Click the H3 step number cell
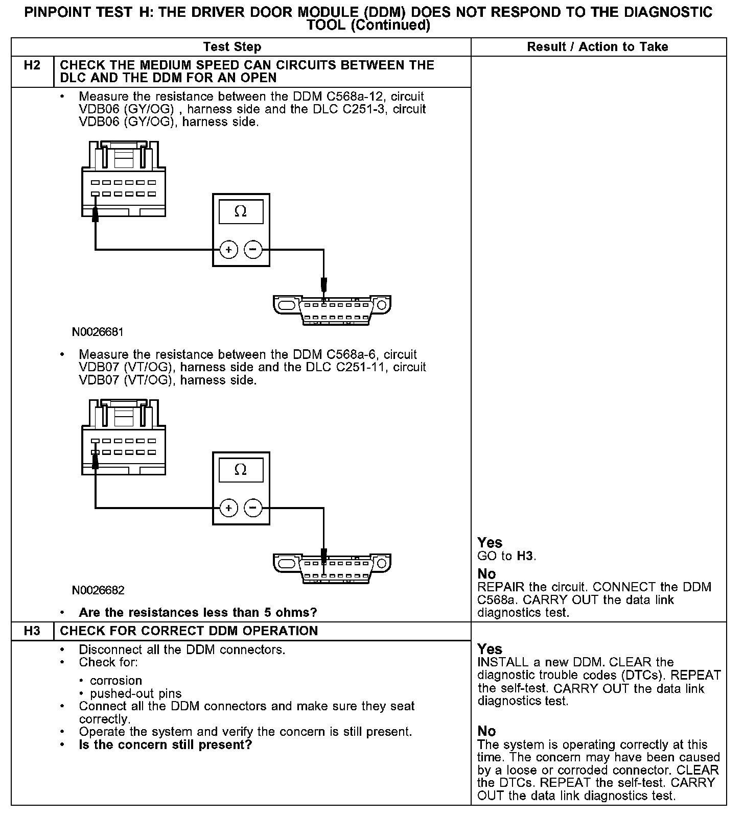[32, 631]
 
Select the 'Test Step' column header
[232, 47]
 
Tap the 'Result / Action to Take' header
[597, 47]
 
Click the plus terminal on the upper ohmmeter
[228, 250]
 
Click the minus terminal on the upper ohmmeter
[253, 250]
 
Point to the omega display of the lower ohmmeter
[241, 470]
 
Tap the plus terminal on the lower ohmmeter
[228, 508]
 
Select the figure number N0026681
[98, 332]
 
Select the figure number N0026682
[98, 591]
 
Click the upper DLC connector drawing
[332, 309]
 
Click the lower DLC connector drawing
[332, 567]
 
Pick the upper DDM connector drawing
[123, 179]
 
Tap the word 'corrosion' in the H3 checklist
[116, 681]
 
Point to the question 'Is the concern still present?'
[166, 745]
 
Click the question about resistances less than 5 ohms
[198, 612]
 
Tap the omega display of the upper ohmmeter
[241, 211]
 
